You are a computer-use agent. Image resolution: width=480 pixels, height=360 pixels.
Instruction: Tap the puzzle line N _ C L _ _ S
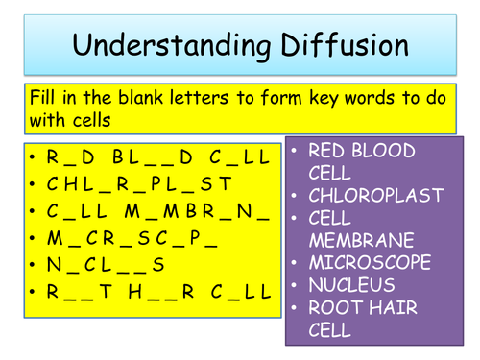point(106,264)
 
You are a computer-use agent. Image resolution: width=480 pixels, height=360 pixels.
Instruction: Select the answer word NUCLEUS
point(351,284)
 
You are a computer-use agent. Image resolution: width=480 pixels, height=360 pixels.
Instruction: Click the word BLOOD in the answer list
point(383,152)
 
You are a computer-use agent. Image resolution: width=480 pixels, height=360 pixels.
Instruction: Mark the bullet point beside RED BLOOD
point(295,152)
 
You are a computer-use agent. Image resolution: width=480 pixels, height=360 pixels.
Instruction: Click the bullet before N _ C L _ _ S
point(33,264)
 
